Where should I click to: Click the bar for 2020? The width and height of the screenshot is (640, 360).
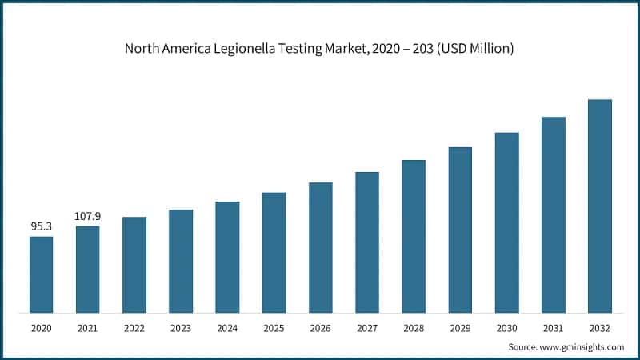[x=42, y=274]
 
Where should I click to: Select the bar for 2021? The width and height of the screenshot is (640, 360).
[x=88, y=270]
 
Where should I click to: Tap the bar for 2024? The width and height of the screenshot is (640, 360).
[x=227, y=257]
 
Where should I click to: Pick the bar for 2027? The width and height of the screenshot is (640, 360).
[x=367, y=242]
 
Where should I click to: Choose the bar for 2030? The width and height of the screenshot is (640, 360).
[x=506, y=222]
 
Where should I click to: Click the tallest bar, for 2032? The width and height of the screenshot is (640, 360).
[x=600, y=206]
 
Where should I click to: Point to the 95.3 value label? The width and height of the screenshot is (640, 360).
[x=42, y=227]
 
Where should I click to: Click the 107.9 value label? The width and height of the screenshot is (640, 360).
[x=88, y=216]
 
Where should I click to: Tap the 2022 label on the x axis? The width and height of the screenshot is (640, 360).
[x=134, y=328]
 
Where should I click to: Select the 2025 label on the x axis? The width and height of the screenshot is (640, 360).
[x=274, y=328]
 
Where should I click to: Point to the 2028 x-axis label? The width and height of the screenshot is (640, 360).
[x=414, y=328]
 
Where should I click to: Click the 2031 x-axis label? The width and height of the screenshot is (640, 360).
[x=553, y=328]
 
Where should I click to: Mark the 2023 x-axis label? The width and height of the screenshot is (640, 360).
[x=181, y=328]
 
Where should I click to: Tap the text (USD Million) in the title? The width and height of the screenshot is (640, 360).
[x=474, y=49]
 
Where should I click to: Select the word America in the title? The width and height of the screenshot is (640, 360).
[x=187, y=49]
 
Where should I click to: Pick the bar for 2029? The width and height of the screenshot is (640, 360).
[x=460, y=230]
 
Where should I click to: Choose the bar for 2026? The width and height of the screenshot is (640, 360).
[x=321, y=247]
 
